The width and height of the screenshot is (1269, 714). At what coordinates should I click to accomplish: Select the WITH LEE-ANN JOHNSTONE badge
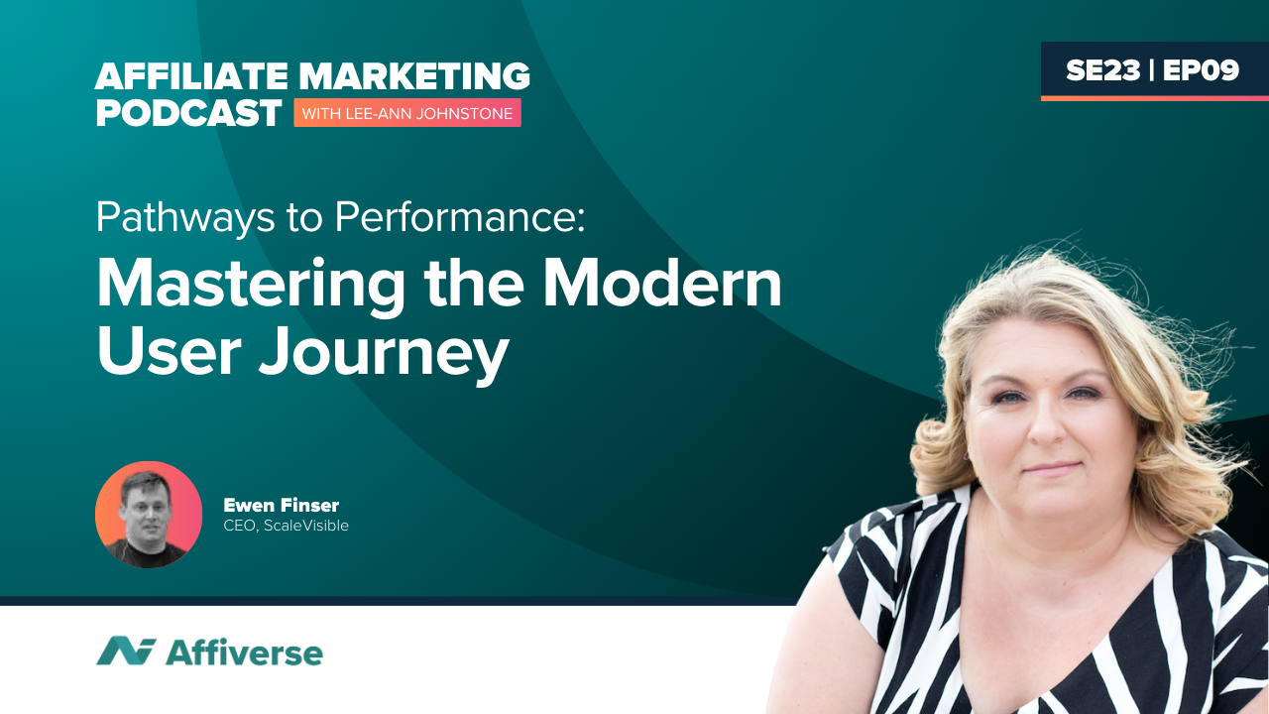(x=406, y=114)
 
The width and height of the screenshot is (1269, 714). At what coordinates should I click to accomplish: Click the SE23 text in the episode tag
(x=1101, y=70)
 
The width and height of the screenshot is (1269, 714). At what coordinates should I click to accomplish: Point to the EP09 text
(x=1201, y=70)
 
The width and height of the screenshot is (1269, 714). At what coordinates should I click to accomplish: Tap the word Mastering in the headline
(x=250, y=286)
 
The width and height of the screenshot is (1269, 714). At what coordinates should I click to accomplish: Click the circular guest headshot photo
(x=149, y=515)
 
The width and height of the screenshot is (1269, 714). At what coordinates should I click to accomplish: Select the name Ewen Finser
(x=282, y=506)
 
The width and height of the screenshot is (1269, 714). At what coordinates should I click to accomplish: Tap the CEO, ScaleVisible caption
(x=287, y=526)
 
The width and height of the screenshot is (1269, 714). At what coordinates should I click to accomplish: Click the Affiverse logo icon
(x=126, y=652)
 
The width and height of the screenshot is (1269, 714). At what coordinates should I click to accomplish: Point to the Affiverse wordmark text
(x=244, y=653)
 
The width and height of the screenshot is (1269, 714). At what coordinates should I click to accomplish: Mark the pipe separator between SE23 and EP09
(x=1151, y=70)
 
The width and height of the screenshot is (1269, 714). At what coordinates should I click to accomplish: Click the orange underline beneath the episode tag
(x=1154, y=98)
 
